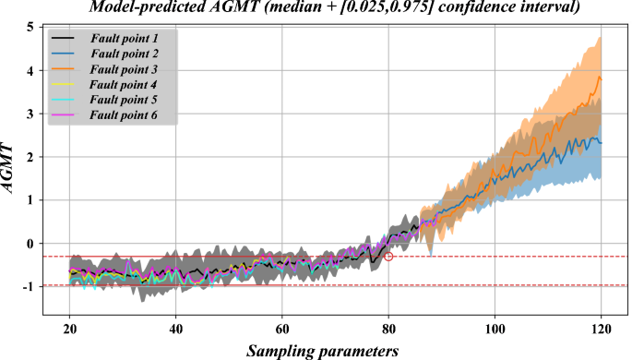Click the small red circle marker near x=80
point(388,257)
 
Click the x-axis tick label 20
point(69,329)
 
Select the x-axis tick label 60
point(282,329)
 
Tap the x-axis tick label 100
point(495,329)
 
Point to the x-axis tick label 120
point(602,329)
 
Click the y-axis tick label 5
point(30,28)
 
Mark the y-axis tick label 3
point(30,114)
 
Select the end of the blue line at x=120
point(602,141)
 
